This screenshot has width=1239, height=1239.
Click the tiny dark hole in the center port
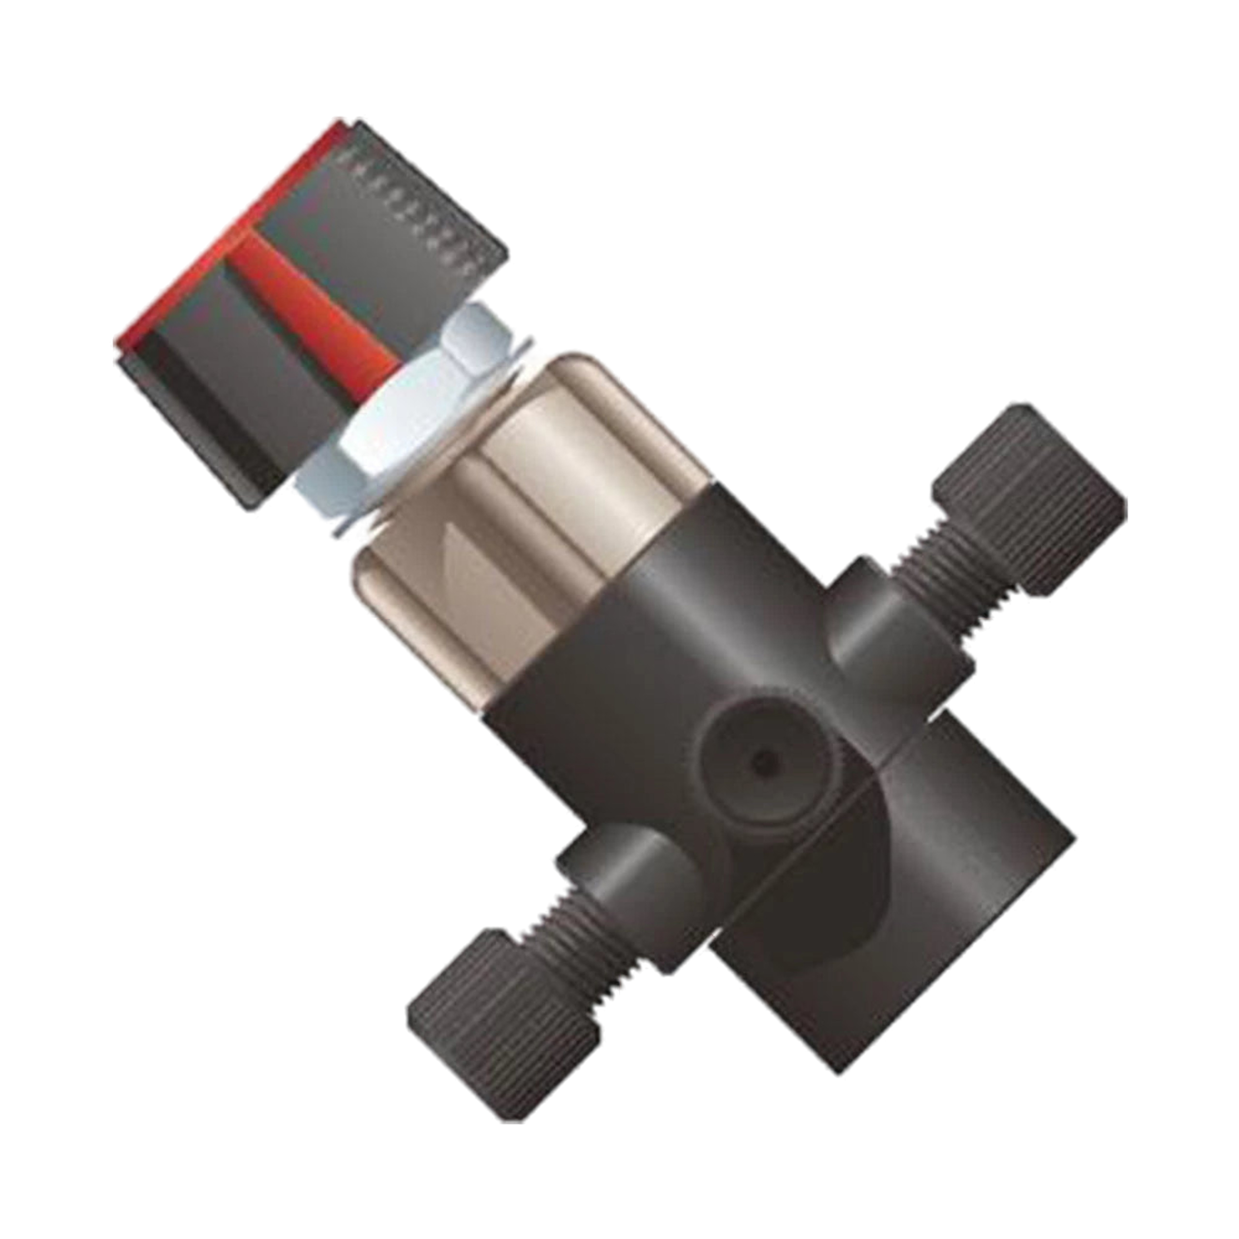(x=762, y=762)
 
